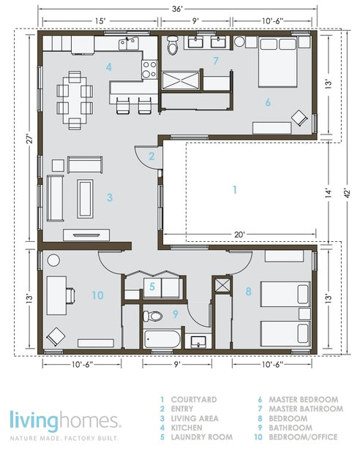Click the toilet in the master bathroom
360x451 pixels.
(173, 45)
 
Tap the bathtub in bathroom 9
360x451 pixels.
(162, 339)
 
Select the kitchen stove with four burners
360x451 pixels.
(149, 69)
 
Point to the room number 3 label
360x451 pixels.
(110, 197)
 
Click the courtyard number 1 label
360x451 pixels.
(235, 190)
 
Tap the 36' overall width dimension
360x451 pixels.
(177, 9)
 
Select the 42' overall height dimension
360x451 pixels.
(348, 193)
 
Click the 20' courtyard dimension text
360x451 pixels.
(239, 235)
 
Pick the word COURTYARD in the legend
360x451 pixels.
(194, 400)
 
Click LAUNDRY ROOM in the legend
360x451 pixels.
(202, 437)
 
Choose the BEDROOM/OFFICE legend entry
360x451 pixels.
(303, 437)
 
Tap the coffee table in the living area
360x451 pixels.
(85, 199)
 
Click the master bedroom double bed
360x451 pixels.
(277, 61)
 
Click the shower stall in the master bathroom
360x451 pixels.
(181, 80)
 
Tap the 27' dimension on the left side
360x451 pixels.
(30, 139)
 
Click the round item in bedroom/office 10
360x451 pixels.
(53, 260)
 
